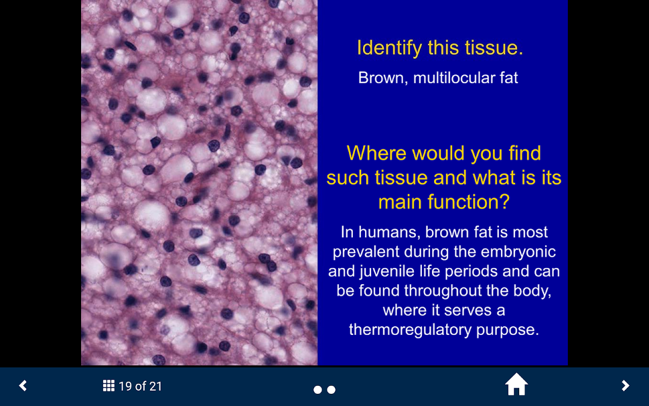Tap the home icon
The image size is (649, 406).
(x=516, y=385)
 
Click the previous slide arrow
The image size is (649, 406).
(x=23, y=386)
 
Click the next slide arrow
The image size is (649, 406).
(x=626, y=386)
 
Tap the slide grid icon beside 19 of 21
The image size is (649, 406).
(x=109, y=386)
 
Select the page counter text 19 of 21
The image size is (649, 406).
(x=140, y=386)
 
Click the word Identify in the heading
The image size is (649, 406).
(x=389, y=48)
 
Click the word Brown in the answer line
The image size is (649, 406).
(x=383, y=78)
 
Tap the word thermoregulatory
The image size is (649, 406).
(x=410, y=330)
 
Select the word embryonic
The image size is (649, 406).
(x=518, y=252)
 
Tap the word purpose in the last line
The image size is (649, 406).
(x=508, y=330)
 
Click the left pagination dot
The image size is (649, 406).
(x=317, y=390)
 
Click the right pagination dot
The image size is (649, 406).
(x=331, y=390)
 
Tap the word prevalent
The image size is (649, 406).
(x=366, y=252)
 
